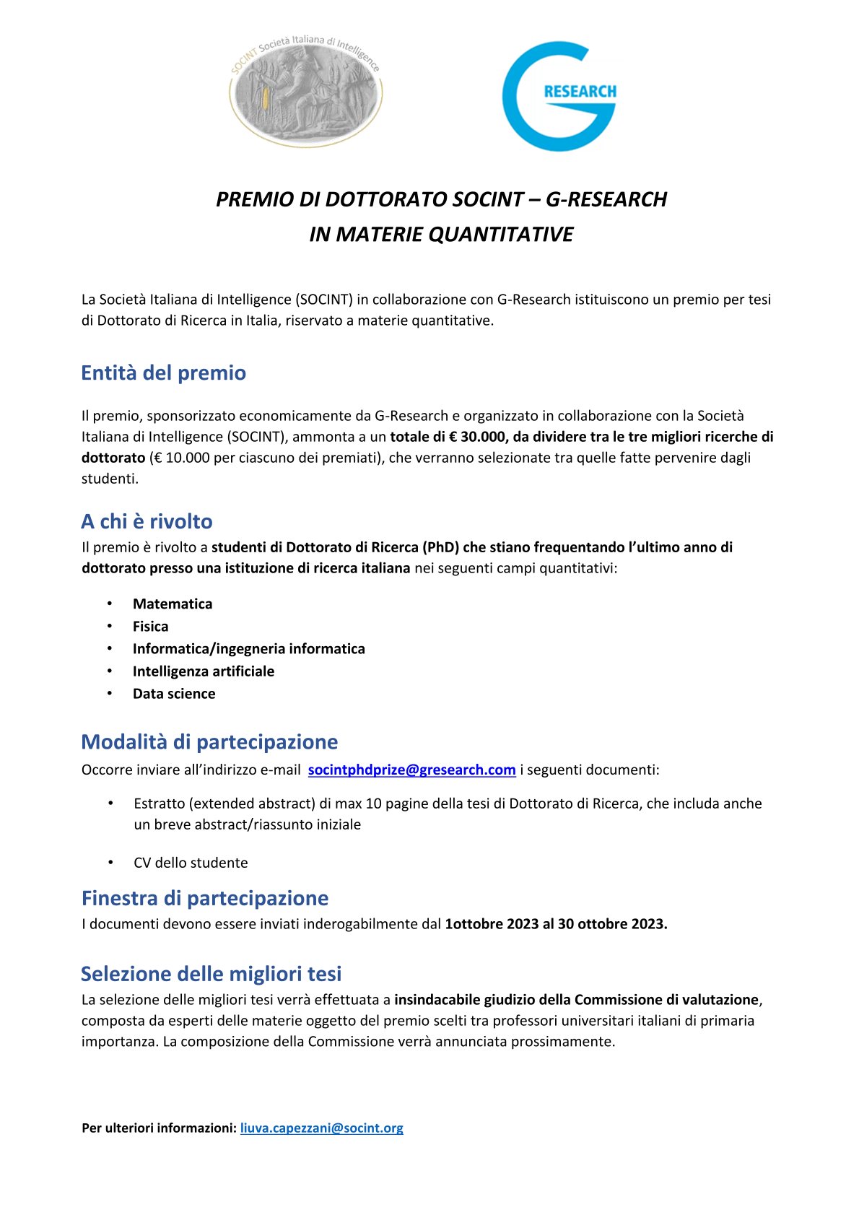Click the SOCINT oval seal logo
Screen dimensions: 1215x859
point(306,92)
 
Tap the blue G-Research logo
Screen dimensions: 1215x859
point(559,96)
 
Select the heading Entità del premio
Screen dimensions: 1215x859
point(164,373)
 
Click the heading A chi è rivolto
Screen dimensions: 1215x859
point(147,521)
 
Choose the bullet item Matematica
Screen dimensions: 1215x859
point(173,604)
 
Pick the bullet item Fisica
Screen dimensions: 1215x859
point(150,627)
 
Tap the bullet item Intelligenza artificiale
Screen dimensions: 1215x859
point(204,671)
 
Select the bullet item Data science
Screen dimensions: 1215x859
point(174,694)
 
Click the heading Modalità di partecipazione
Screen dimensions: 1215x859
point(209,742)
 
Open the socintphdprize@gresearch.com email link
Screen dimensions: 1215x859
point(411,770)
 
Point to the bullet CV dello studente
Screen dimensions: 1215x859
point(191,863)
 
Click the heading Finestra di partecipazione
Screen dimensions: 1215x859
point(205,898)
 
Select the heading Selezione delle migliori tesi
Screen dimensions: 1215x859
point(211,974)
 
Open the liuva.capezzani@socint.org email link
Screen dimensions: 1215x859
point(322,1128)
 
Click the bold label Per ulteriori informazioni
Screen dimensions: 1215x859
point(159,1128)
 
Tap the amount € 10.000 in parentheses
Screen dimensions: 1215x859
point(180,458)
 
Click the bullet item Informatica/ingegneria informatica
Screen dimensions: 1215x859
point(249,649)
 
